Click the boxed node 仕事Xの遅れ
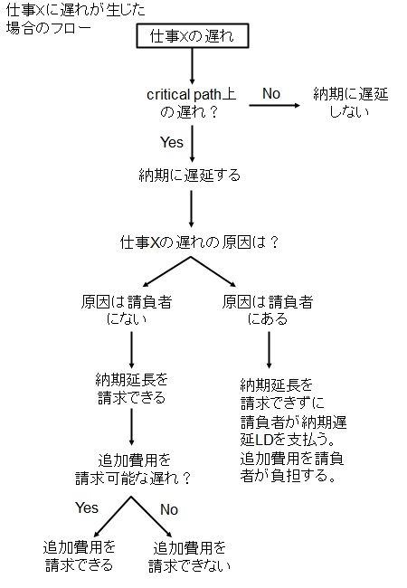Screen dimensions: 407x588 [193, 36]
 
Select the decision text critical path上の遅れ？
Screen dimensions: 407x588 [191, 103]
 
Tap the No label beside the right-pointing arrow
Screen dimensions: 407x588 [271, 94]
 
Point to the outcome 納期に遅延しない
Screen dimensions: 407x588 [350, 103]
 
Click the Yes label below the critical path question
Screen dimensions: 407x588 [172, 143]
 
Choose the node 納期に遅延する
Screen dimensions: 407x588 [190, 175]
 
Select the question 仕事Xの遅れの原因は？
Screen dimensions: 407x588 [199, 242]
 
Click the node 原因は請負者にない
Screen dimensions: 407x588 [127, 310]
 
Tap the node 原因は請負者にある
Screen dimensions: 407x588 [267, 310]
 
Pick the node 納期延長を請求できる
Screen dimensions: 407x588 [131, 389]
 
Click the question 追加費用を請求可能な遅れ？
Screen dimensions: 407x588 [134, 469]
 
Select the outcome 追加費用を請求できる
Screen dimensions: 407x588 [79, 556]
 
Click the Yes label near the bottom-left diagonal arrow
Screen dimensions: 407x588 [87, 507]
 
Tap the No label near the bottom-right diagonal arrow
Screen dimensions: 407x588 [169, 509]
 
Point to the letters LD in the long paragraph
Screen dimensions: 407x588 [263, 440]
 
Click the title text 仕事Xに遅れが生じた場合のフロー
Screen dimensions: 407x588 [76, 19]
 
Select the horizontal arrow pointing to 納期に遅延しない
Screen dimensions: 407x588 [274, 105]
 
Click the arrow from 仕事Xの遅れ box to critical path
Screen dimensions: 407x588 [193, 66]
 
